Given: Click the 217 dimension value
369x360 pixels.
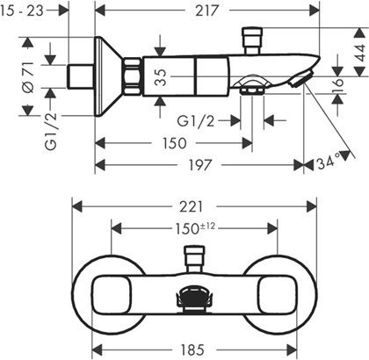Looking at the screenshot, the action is click(x=207, y=11).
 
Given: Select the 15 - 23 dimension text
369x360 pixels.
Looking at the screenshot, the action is click(x=22, y=11).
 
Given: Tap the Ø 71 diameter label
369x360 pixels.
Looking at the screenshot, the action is click(x=29, y=77).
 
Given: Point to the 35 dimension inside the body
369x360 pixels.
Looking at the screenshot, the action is click(x=161, y=77).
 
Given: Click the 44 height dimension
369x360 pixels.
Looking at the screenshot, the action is click(x=360, y=53).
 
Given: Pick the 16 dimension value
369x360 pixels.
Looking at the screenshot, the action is click(x=338, y=82).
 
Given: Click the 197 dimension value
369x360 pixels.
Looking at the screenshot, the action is click(x=199, y=165).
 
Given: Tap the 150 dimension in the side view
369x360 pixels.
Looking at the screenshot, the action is click(x=175, y=143).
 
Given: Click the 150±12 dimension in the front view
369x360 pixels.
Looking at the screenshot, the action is click(x=195, y=228).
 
